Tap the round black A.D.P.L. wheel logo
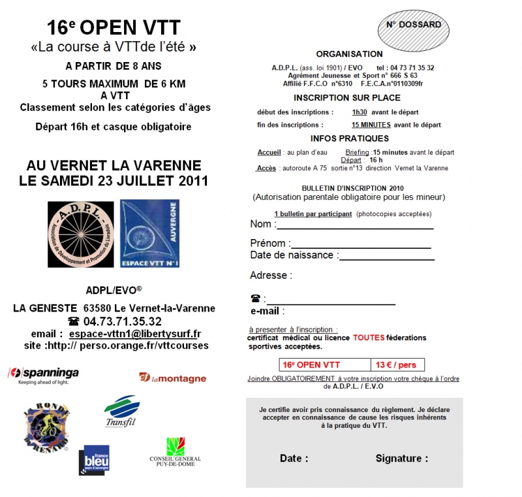click(x=81, y=234)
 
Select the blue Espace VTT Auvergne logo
click(x=149, y=234)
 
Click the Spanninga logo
click(x=43, y=374)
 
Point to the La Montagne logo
click(x=172, y=377)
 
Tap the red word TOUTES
click(x=369, y=338)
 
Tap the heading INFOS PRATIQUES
click(x=349, y=138)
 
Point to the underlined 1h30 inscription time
click(x=360, y=112)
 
